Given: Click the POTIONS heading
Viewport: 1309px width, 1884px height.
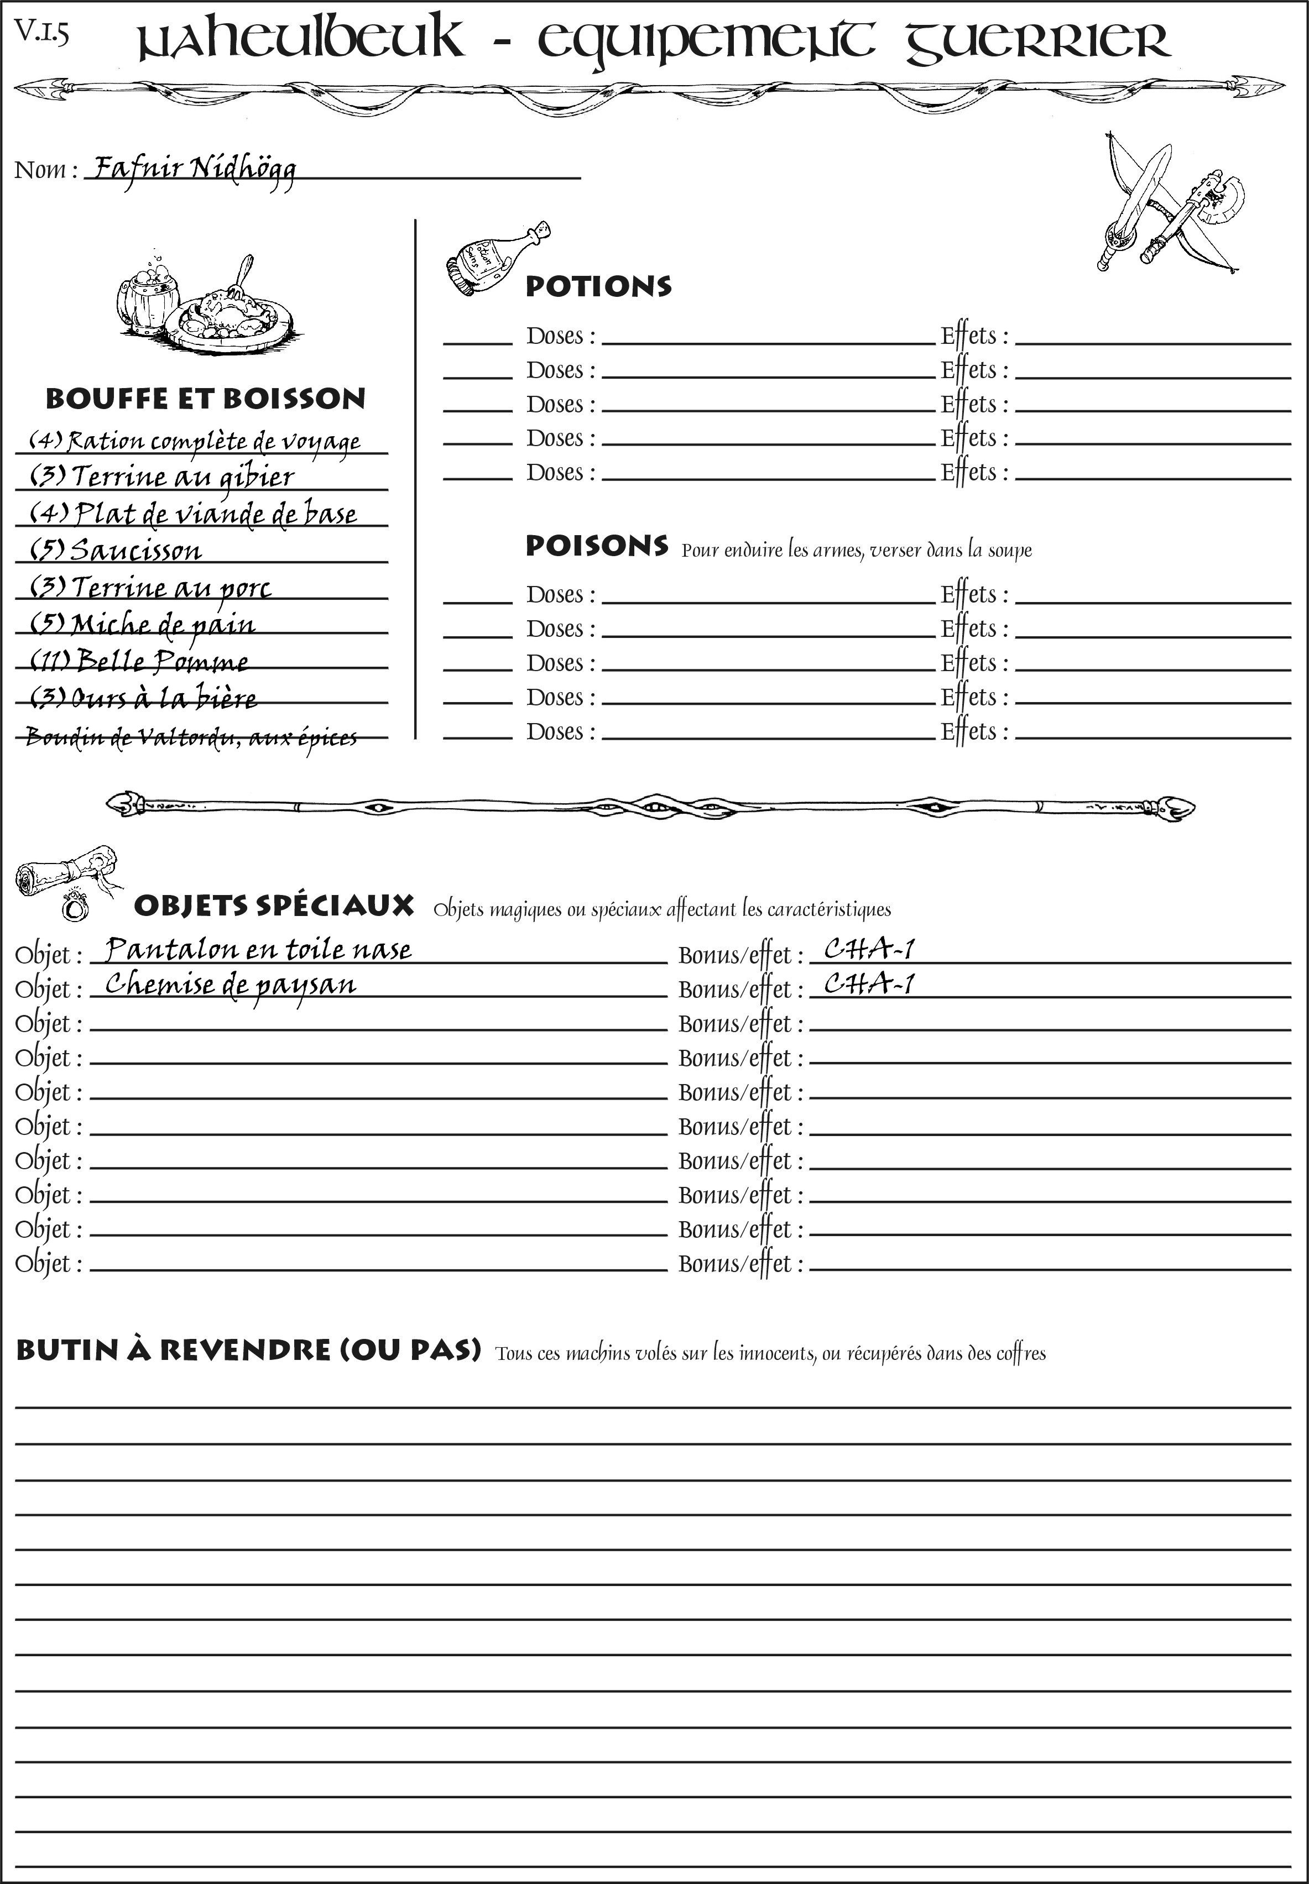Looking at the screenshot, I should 598,286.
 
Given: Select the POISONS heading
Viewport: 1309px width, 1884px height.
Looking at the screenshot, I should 596,546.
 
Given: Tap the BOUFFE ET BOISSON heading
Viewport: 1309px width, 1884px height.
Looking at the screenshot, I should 205,399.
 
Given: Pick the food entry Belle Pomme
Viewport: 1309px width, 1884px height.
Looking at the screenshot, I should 139,661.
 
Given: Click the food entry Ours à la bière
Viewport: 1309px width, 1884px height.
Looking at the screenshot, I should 144,698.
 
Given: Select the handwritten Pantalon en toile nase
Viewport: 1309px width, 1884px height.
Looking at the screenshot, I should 258,949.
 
